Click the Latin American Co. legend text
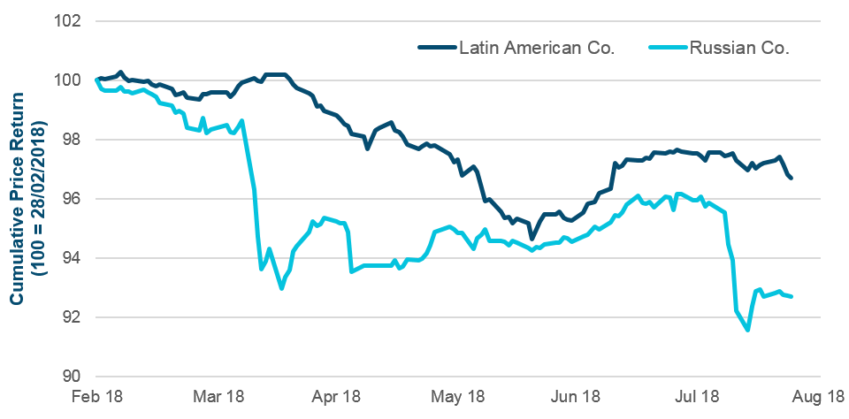(x=536, y=49)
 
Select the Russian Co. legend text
(x=740, y=49)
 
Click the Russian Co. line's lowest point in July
(x=748, y=330)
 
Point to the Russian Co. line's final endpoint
(x=791, y=296)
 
